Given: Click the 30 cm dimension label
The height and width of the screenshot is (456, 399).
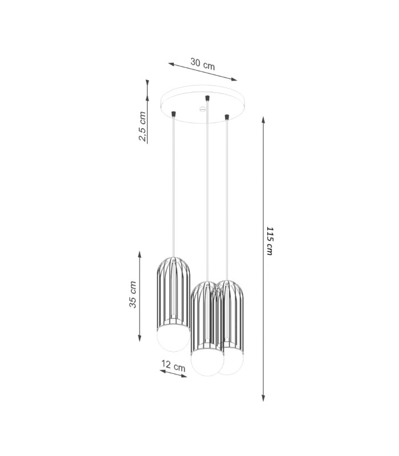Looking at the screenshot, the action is [x=203, y=64].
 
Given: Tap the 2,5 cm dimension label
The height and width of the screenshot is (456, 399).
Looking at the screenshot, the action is [x=142, y=126].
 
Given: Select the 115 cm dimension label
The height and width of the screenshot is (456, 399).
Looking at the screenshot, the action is [x=270, y=241].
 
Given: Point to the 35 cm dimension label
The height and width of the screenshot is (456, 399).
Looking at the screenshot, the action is [x=133, y=294].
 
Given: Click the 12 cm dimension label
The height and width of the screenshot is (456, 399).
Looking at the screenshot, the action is [x=173, y=365].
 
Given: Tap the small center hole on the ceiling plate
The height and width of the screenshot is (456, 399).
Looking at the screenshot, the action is [x=202, y=109].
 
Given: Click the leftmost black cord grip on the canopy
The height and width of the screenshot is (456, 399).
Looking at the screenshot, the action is [x=174, y=113].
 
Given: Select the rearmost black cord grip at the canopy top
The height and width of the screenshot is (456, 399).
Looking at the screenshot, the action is [x=207, y=98].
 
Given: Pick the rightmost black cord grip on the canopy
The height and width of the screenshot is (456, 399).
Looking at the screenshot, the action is [x=227, y=117].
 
